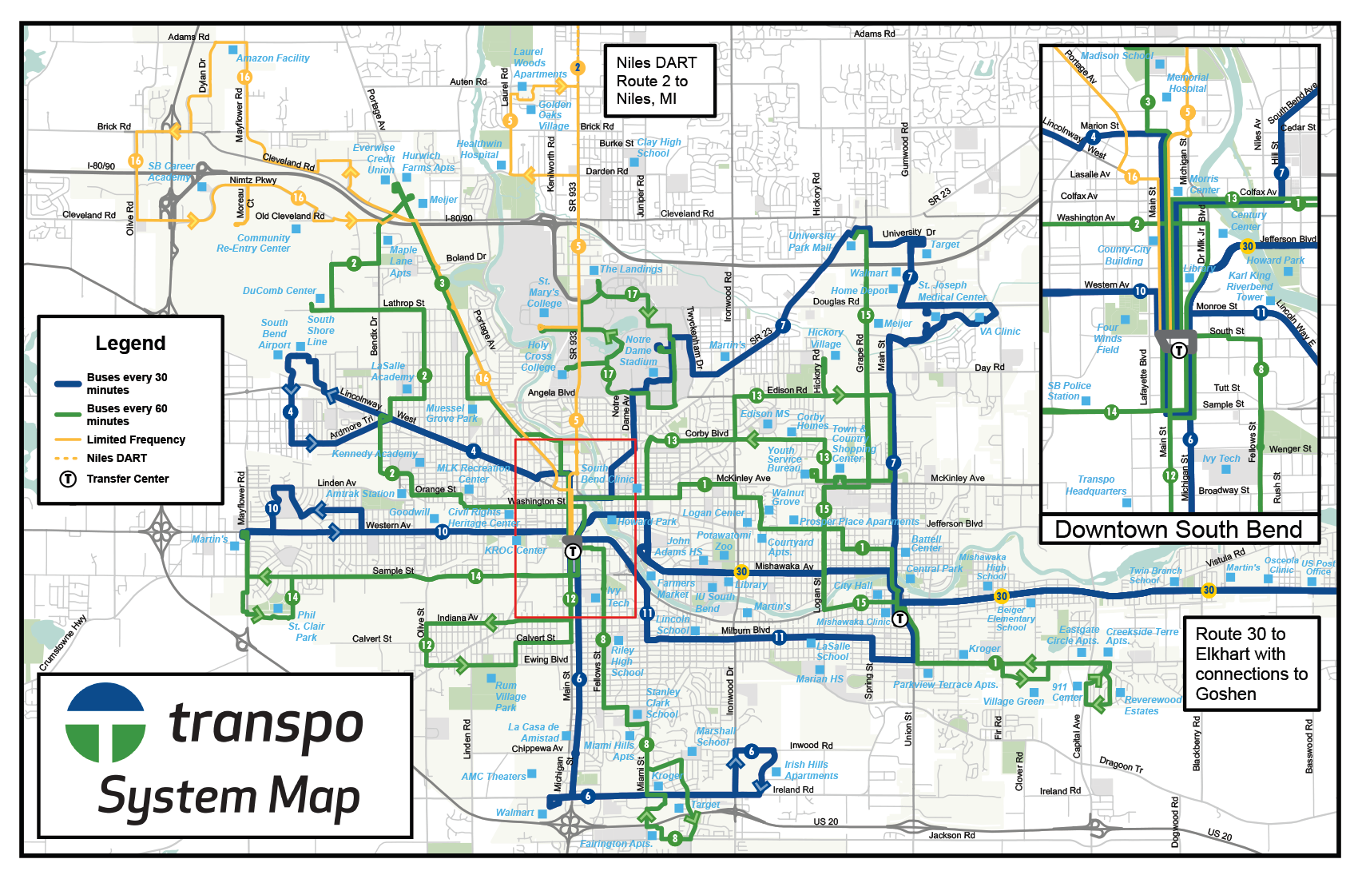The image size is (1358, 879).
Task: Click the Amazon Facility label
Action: click(x=273, y=58)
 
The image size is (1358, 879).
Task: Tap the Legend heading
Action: click(x=130, y=344)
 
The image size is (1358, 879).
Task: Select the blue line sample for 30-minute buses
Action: click(x=68, y=384)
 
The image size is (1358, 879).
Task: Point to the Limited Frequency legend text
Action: click(x=136, y=439)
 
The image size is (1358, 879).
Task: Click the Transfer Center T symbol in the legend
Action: click(x=69, y=479)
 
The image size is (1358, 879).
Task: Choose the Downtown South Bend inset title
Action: click(x=1178, y=530)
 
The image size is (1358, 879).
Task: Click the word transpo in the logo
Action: click(x=266, y=724)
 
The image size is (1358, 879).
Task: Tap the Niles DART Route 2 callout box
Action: click(x=658, y=81)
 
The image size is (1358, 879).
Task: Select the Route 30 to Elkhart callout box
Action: click(x=1250, y=664)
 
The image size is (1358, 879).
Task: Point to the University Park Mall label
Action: click(x=811, y=241)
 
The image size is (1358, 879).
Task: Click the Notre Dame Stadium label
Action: click(x=637, y=351)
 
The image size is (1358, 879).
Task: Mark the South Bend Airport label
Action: click(x=274, y=334)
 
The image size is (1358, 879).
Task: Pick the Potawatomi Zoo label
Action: click(x=724, y=541)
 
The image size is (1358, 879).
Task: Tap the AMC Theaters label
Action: click(x=494, y=777)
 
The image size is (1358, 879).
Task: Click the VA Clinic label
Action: click(x=999, y=332)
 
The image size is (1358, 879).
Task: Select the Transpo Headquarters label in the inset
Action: click(x=1095, y=486)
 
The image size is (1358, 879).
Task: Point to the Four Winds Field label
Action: click(x=1107, y=339)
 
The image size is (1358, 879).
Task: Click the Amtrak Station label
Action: click(x=360, y=494)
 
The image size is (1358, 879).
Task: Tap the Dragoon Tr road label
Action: click(x=1121, y=764)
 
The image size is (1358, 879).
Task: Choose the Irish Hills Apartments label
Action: click(x=811, y=770)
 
